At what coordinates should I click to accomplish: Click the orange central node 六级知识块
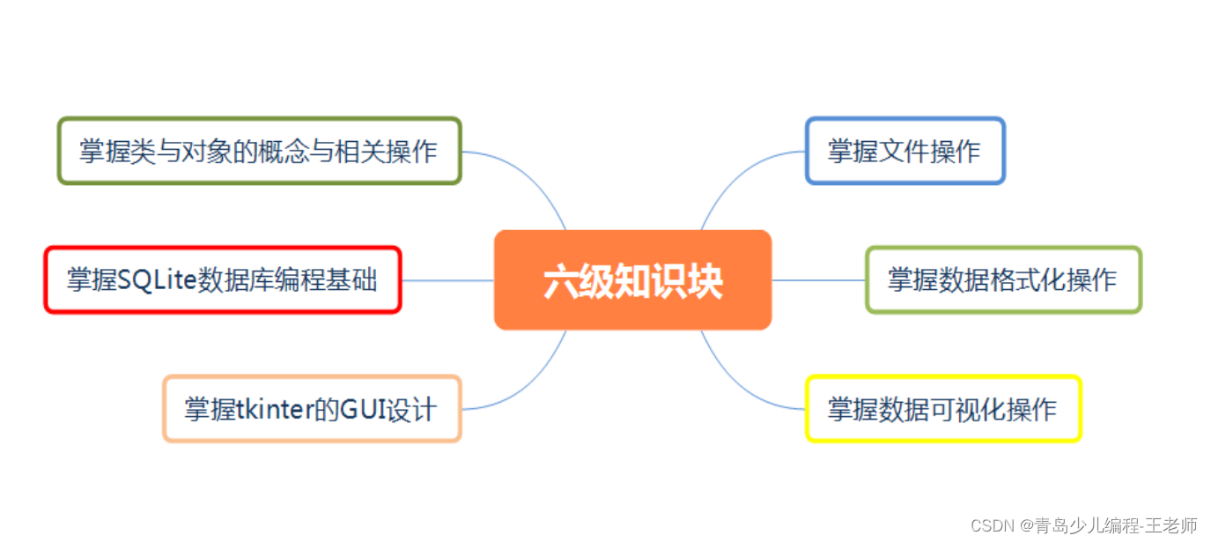632,280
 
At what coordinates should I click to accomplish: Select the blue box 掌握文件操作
905,151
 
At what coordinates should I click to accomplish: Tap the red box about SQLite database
222,280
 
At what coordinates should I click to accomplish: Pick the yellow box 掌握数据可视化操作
942,409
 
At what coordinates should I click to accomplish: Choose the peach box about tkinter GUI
311,409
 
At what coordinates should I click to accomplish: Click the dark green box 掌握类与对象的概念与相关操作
259,151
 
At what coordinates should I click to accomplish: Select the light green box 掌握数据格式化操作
1002,280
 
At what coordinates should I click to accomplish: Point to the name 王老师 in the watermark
1178,525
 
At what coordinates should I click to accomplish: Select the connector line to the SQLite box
447,280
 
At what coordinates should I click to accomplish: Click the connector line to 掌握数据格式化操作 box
819,280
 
